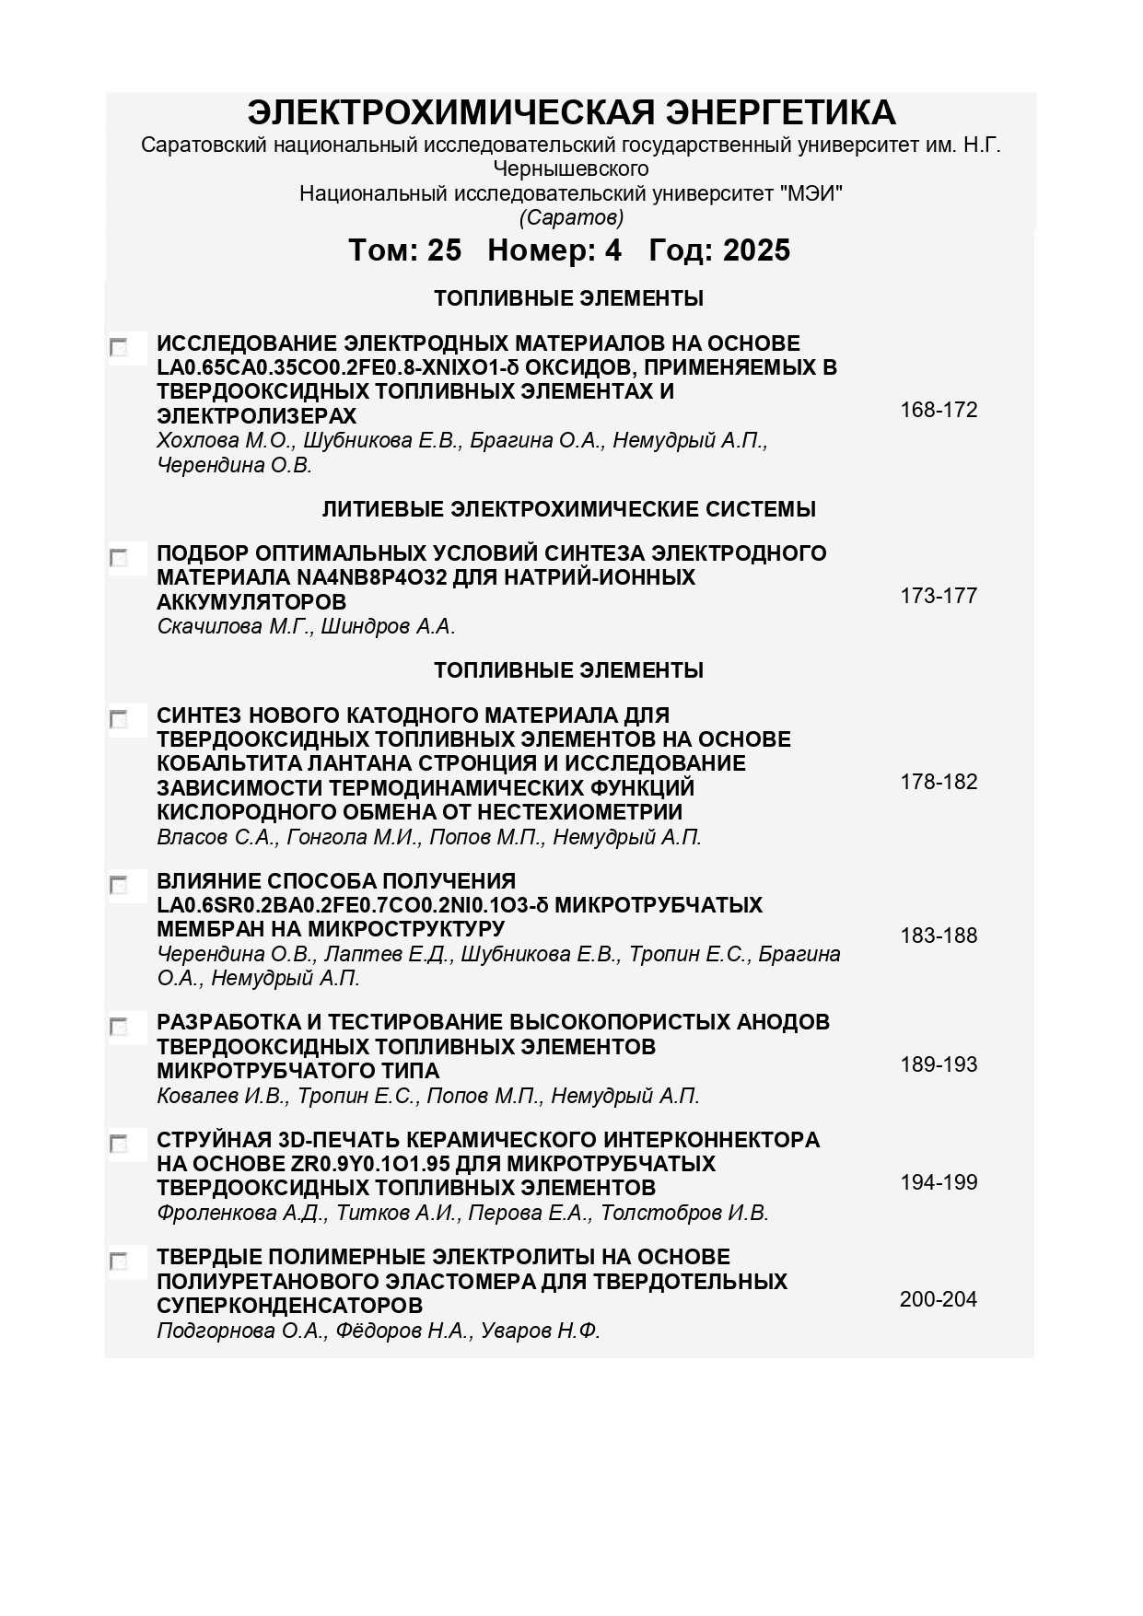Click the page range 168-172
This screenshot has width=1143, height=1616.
click(939, 410)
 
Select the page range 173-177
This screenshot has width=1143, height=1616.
click(939, 596)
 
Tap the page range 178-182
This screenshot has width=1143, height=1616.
click(939, 782)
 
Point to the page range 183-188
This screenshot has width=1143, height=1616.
click(939, 936)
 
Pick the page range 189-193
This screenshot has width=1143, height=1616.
click(939, 1064)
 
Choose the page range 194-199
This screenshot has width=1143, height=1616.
click(939, 1182)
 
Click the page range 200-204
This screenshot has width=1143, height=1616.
click(939, 1299)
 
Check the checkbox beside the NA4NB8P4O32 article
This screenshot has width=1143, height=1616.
click(119, 558)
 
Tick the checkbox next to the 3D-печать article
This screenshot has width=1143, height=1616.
click(119, 1144)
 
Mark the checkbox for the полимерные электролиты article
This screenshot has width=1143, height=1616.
click(119, 1261)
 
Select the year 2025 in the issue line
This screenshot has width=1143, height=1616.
click(756, 250)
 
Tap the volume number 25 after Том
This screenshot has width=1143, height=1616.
click(444, 250)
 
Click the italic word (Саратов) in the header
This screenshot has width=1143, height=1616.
click(571, 218)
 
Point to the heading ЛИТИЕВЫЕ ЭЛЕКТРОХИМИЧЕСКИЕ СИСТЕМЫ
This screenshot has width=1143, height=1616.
click(568, 509)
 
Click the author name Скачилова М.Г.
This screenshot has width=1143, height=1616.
click(234, 627)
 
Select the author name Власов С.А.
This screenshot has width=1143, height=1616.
click(216, 838)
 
